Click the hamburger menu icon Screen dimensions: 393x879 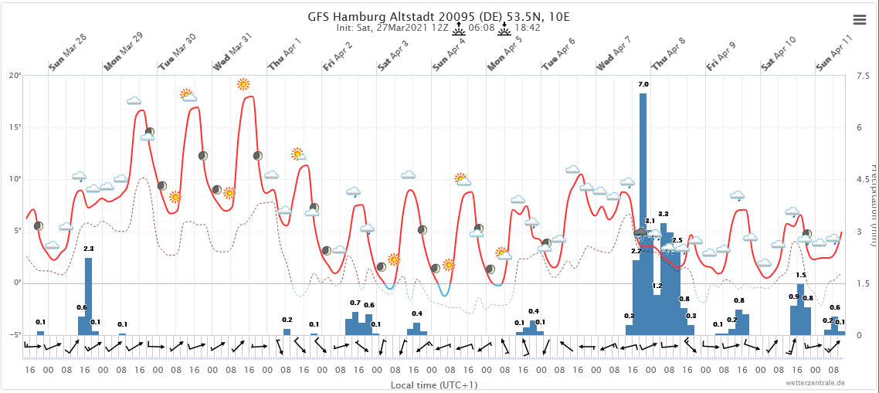click(859, 19)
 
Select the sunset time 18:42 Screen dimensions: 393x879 click(526, 28)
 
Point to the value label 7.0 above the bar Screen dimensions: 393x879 click(643, 84)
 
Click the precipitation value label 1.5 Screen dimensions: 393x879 click(801, 275)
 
